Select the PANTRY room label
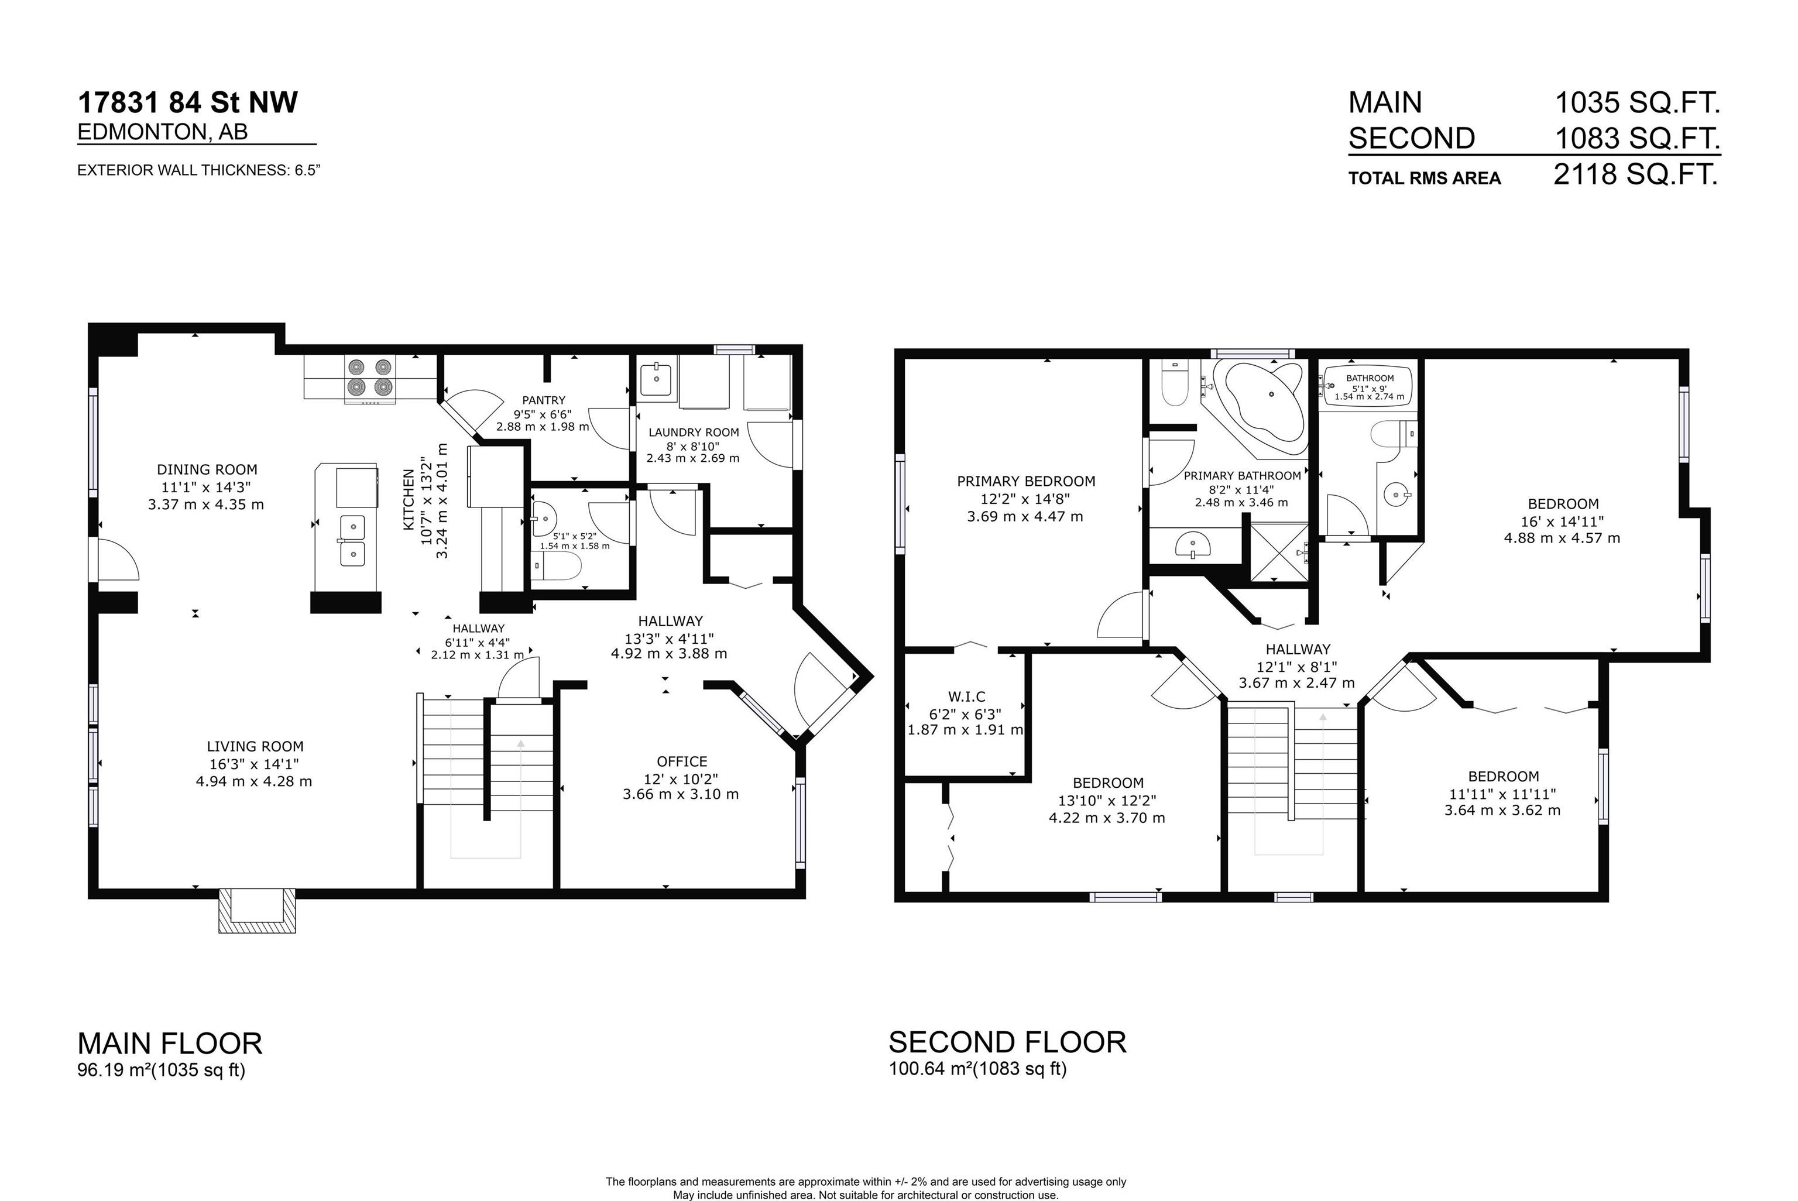[543, 400]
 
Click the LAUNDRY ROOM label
[693, 432]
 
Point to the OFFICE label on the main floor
[681, 761]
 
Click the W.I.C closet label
[966, 696]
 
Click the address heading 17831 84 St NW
[188, 102]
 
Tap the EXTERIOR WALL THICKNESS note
[198, 170]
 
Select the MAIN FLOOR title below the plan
[170, 1043]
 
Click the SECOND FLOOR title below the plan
[1007, 1042]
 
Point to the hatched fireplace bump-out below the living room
[256, 911]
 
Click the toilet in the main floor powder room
[557, 567]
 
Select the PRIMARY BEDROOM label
[1025, 481]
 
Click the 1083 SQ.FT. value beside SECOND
[1637, 139]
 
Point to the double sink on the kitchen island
[352, 540]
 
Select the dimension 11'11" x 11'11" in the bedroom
[1502, 794]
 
